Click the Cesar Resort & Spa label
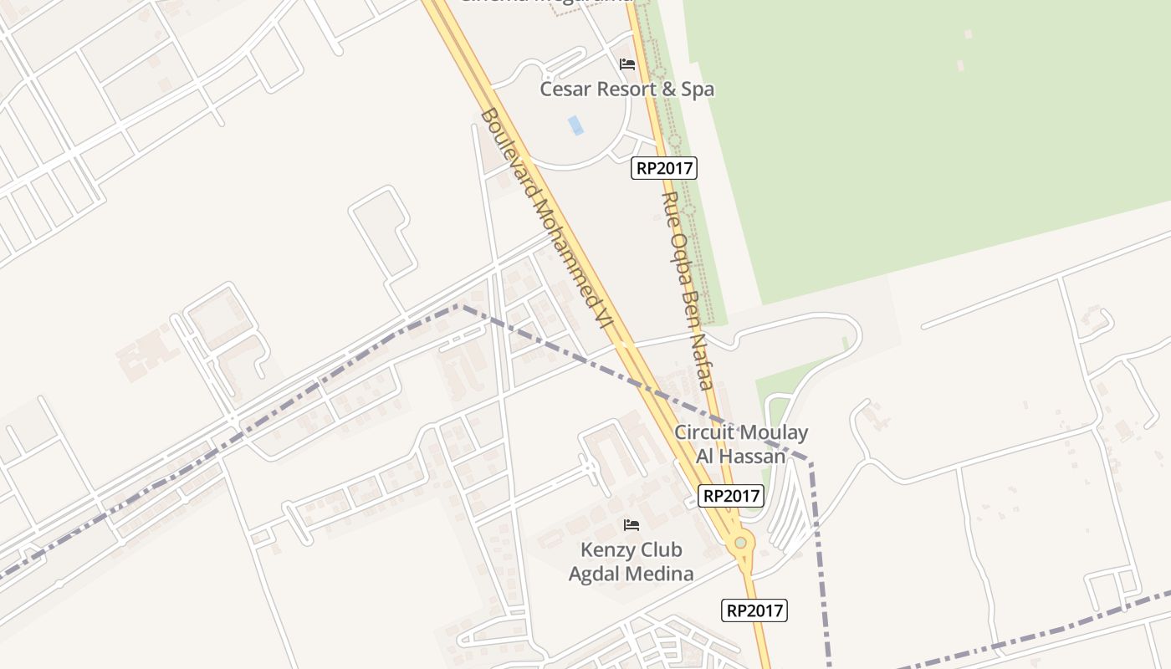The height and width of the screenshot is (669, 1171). [x=626, y=89]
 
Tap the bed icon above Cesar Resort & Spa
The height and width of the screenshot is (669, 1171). [x=627, y=64]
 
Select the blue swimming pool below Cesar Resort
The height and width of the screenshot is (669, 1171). [x=575, y=125]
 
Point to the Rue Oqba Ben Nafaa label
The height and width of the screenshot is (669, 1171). [x=686, y=290]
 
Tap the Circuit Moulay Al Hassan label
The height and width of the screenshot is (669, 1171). [x=741, y=444]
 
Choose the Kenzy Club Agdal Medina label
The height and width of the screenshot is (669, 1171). [x=632, y=561]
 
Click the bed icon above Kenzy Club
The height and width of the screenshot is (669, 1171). [x=632, y=525]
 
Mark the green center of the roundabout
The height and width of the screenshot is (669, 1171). [x=740, y=543]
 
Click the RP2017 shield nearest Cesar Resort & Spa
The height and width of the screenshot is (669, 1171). [x=664, y=168]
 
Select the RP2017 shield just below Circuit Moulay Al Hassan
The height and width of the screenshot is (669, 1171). [x=731, y=496]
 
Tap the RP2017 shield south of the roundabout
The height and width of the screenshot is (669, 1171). [x=754, y=610]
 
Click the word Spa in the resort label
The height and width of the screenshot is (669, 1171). [x=696, y=89]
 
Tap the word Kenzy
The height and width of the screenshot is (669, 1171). [x=607, y=550]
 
